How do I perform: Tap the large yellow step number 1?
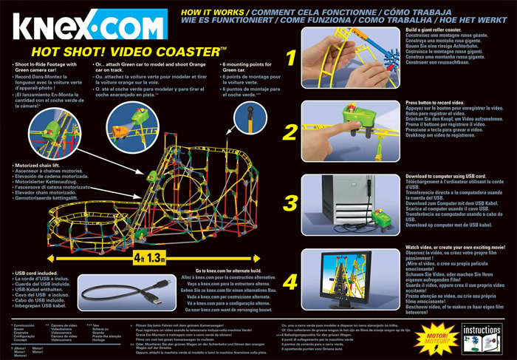tap(290, 58)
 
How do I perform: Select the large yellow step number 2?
tap(290, 132)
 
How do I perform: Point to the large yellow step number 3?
tap(290, 203)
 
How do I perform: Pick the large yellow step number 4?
tap(290, 282)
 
